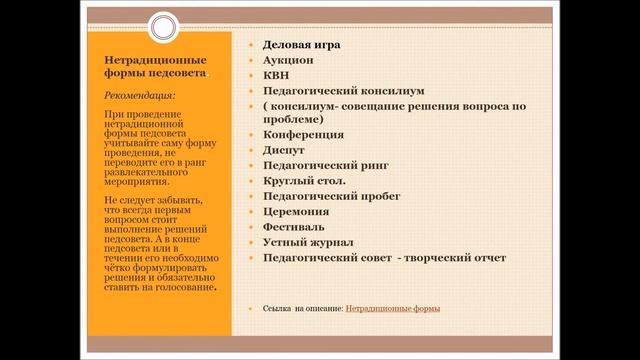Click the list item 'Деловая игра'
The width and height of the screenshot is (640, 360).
302,44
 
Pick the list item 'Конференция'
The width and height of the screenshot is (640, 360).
303,133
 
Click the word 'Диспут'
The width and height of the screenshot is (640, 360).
285,148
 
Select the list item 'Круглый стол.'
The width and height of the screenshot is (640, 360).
305,182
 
